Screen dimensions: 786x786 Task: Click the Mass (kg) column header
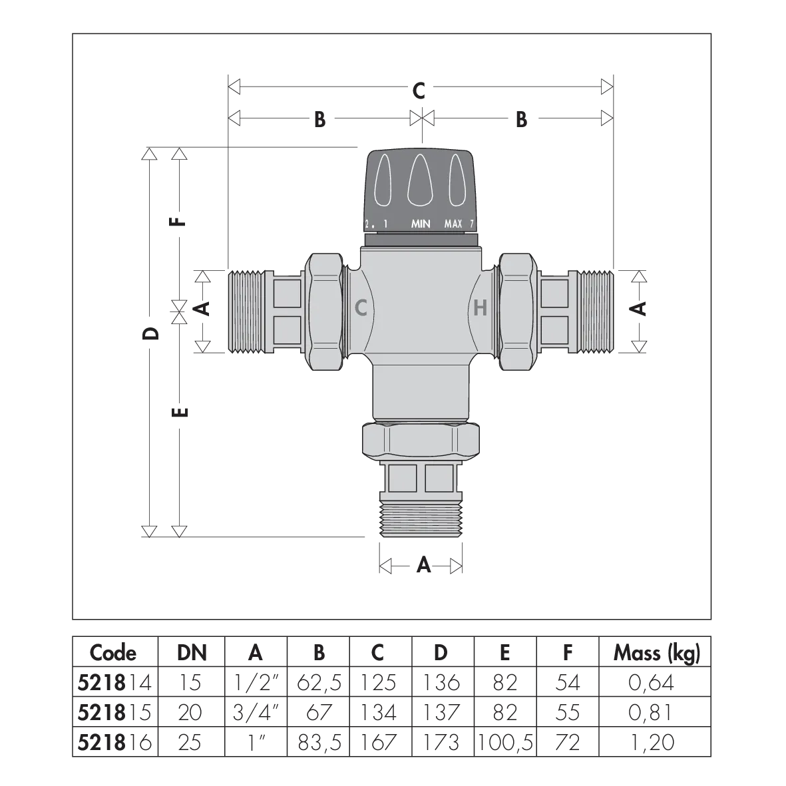click(656, 653)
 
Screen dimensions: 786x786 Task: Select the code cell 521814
click(114, 682)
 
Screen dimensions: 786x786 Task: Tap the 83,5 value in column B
click(319, 742)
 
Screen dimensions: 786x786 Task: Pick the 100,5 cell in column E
click(504, 742)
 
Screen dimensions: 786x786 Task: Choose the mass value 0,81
click(650, 712)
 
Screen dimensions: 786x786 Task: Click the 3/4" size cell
click(255, 712)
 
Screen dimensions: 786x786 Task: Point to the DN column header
click(192, 653)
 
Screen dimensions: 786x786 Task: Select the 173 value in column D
click(441, 742)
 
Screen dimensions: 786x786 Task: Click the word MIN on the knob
click(421, 224)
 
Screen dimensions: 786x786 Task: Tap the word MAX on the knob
click(453, 224)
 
